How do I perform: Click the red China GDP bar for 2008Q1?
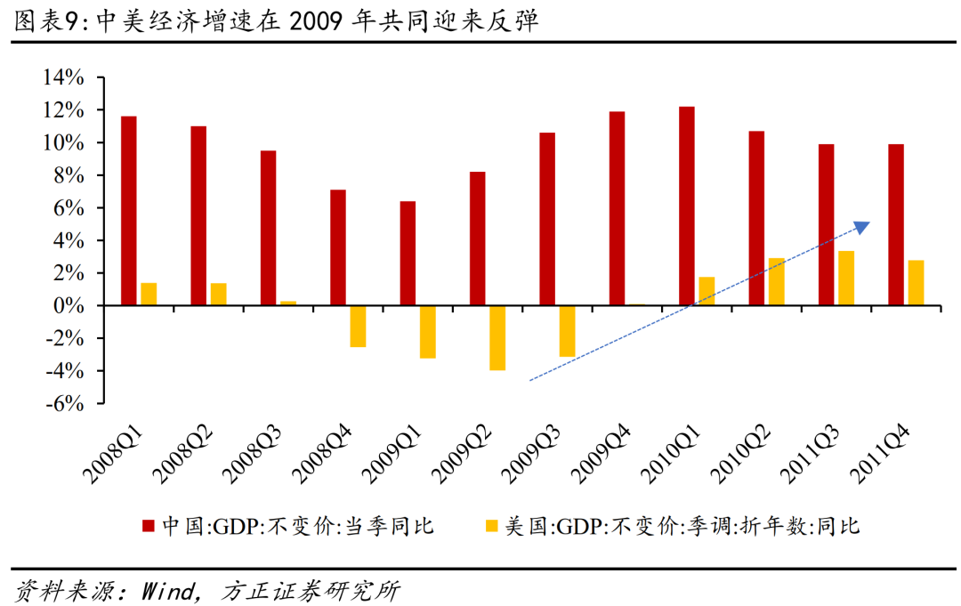[129, 211]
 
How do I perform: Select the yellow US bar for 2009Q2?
[497, 337]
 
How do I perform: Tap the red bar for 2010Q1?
[687, 206]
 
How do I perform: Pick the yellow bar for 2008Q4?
[358, 326]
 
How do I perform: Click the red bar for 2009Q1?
[408, 253]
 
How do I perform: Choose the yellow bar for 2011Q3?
[846, 278]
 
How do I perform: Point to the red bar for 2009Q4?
[617, 208]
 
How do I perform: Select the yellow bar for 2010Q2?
[776, 281]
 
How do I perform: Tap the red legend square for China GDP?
[149, 526]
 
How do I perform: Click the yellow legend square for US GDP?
[491, 526]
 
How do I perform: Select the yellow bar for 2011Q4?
[916, 283]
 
